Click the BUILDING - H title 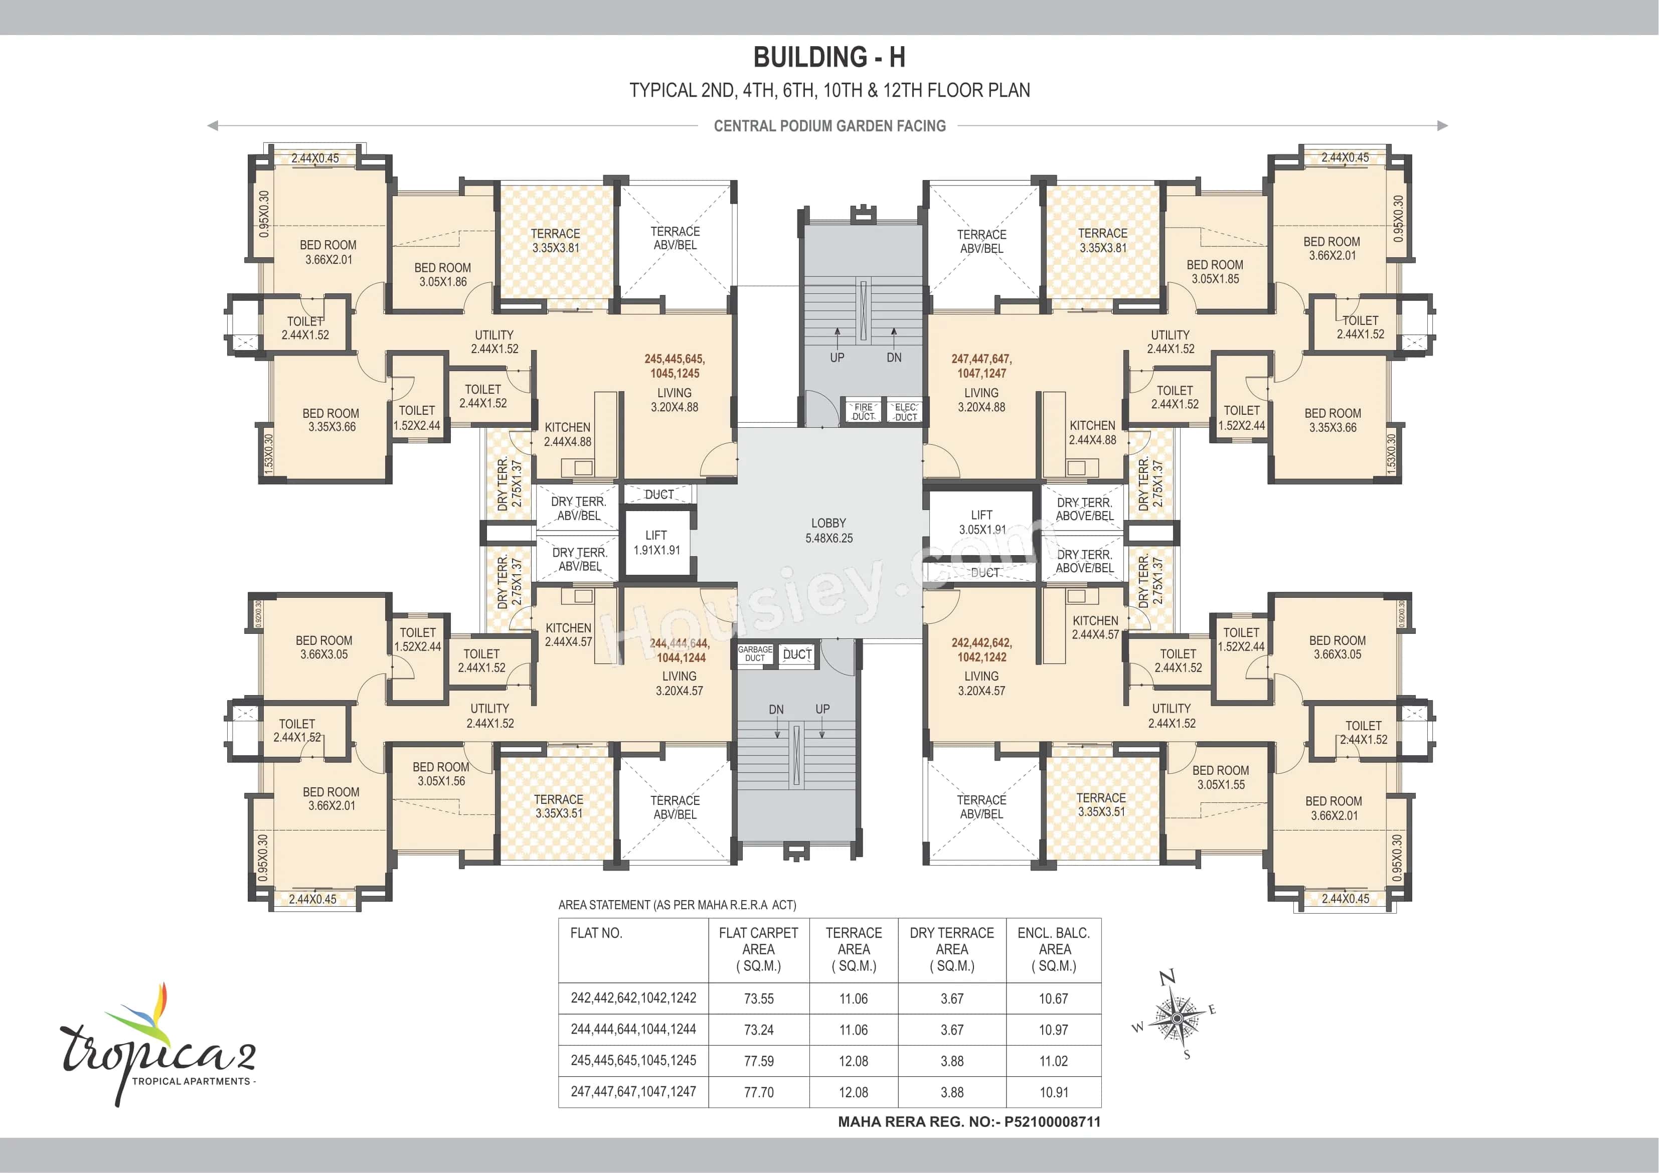click(829, 57)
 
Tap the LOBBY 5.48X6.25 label click(829, 531)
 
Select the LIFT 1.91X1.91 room click(656, 542)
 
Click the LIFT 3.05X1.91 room click(981, 522)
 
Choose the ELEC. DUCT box click(905, 412)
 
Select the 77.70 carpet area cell click(759, 1093)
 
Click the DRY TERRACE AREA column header click(951, 949)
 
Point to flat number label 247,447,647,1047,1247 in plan click(981, 366)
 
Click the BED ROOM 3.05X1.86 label click(442, 275)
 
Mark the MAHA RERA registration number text click(968, 1122)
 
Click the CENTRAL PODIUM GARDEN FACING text click(829, 126)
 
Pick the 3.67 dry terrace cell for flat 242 click(951, 999)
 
